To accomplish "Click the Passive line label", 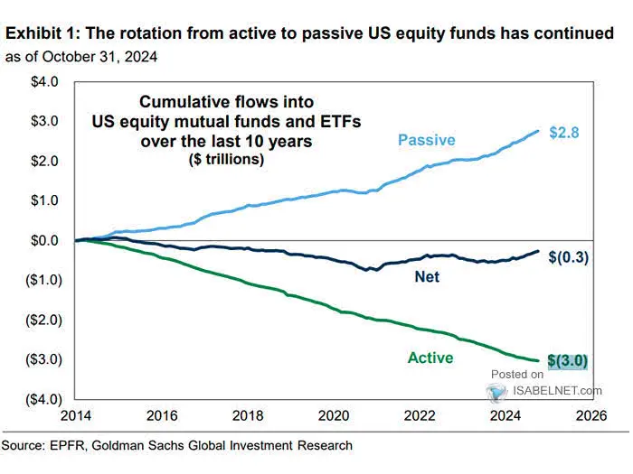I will (426, 140).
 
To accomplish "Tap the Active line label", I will (430, 358).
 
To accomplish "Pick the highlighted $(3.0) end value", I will (568, 361).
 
